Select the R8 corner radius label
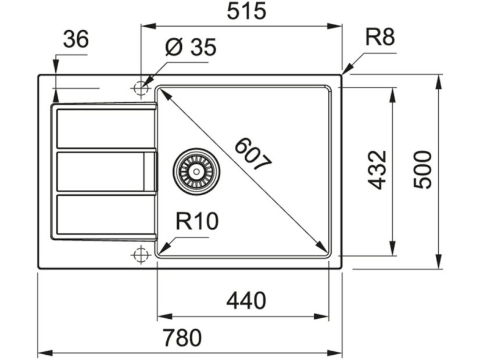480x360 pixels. [x=379, y=38]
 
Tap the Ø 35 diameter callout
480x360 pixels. [x=190, y=48]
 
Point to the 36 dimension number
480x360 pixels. [x=76, y=39]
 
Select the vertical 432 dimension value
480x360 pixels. [x=377, y=170]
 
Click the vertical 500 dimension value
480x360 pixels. [x=422, y=170]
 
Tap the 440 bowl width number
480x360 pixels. [x=246, y=301]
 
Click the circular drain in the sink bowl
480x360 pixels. [x=196, y=171]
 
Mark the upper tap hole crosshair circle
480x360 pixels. [x=140, y=88]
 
